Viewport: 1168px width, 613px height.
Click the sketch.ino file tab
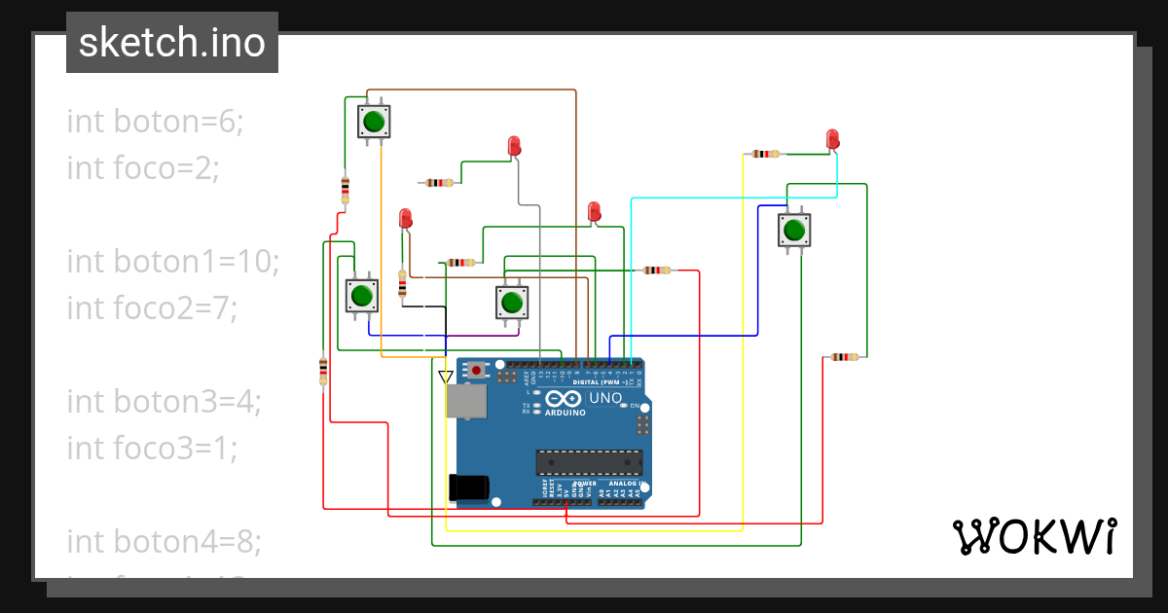click(x=171, y=43)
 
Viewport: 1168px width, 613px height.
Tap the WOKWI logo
click(x=1034, y=536)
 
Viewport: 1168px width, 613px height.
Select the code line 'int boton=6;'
click(x=155, y=122)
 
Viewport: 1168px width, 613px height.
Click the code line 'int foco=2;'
click(x=143, y=168)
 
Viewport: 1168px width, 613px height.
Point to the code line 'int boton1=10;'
click(x=173, y=262)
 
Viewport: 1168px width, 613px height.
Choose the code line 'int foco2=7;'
click(x=152, y=308)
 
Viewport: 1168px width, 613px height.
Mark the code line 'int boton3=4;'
click(x=164, y=401)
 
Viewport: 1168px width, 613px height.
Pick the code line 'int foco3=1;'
click(x=152, y=448)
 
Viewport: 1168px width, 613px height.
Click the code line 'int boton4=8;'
click(x=164, y=540)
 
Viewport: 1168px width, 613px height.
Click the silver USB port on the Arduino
click(x=465, y=401)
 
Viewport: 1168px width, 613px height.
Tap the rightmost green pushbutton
click(x=793, y=231)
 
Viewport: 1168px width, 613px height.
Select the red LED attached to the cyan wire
click(x=832, y=139)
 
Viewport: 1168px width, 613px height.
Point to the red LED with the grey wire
click(x=514, y=146)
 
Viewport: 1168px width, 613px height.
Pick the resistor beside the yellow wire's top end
click(x=766, y=154)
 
